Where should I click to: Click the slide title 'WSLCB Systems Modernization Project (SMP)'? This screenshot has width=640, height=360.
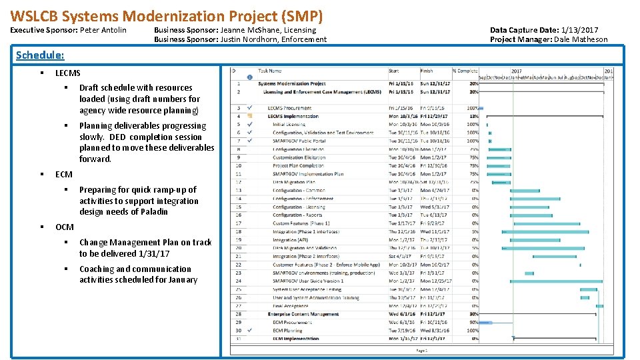coord(167,15)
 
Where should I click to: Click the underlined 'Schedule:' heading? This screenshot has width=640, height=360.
coord(40,55)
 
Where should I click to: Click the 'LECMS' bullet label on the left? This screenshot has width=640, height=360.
coord(68,73)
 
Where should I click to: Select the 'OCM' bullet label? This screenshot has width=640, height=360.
coord(65,227)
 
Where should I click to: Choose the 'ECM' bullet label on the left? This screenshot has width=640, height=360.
coord(64,174)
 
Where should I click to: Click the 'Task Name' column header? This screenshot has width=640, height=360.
coord(270,71)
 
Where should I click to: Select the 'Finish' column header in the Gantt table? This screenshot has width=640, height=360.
coord(427,71)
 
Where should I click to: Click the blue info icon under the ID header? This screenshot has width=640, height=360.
coord(249,77)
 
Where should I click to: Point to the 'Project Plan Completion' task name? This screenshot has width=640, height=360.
coord(298,165)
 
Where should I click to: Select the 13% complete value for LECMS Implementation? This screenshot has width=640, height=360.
coord(473,116)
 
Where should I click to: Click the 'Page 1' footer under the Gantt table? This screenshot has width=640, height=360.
coord(421,350)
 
